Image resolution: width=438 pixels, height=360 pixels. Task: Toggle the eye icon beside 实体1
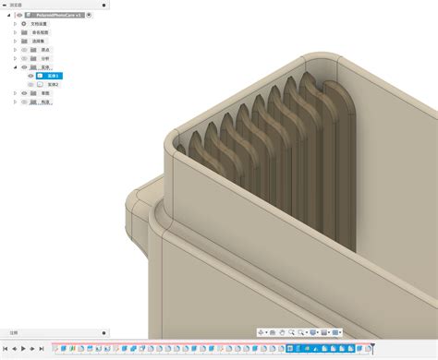[x=30, y=76]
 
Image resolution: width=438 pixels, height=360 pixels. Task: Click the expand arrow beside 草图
[x=16, y=93]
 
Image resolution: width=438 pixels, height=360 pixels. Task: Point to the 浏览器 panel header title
[x=16, y=5]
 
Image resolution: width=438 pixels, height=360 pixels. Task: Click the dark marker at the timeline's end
[x=373, y=347]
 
